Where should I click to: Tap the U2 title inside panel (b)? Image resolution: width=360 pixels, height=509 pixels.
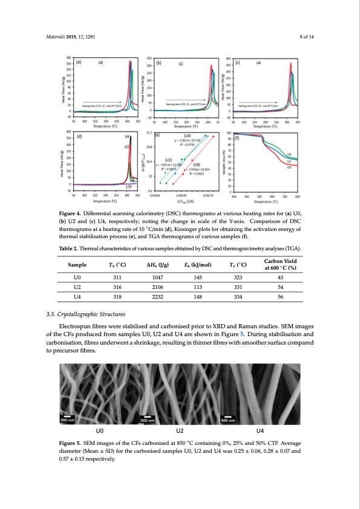click(x=180, y=63)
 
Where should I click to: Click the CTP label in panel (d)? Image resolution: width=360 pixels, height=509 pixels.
click(x=129, y=187)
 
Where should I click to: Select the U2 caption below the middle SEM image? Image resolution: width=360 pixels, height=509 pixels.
click(x=180, y=430)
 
